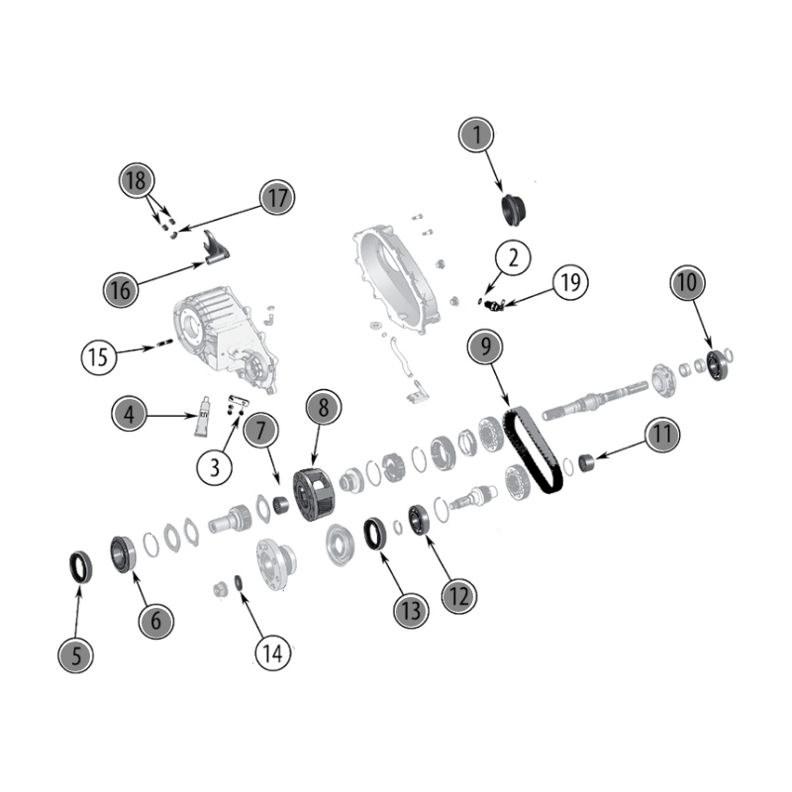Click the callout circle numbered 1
476,135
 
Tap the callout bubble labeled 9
485,346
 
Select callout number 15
99,357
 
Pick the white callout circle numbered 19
571,282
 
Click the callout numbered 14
273,653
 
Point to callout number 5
76,655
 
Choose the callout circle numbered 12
458,596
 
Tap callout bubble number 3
215,467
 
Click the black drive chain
533,451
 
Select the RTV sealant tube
202,416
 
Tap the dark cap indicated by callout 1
513,209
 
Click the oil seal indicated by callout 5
81,567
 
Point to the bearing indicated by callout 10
716,364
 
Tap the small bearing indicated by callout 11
586,462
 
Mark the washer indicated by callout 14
239,582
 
